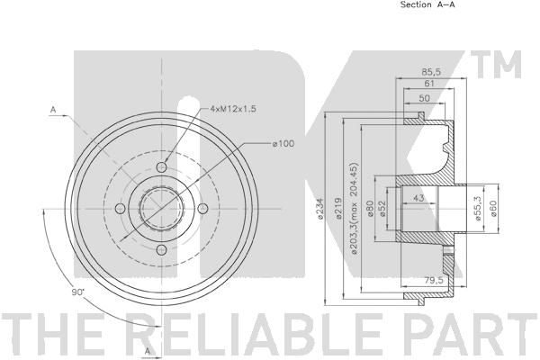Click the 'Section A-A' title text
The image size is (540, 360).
(x=427, y=4)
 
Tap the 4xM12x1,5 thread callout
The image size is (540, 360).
(x=233, y=109)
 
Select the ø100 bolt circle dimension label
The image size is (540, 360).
(x=283, y=143)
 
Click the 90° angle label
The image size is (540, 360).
(x=78, y=292)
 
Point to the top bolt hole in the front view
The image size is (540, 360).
(x=161, y=167)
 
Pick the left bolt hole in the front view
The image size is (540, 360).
(x=121, y=209)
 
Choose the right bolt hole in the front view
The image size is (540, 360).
(x=203, y=209)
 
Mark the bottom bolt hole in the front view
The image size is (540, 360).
(x=161, y=250)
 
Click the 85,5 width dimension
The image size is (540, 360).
(x=431, y=72)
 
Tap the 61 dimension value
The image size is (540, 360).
(x=429, y=84)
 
